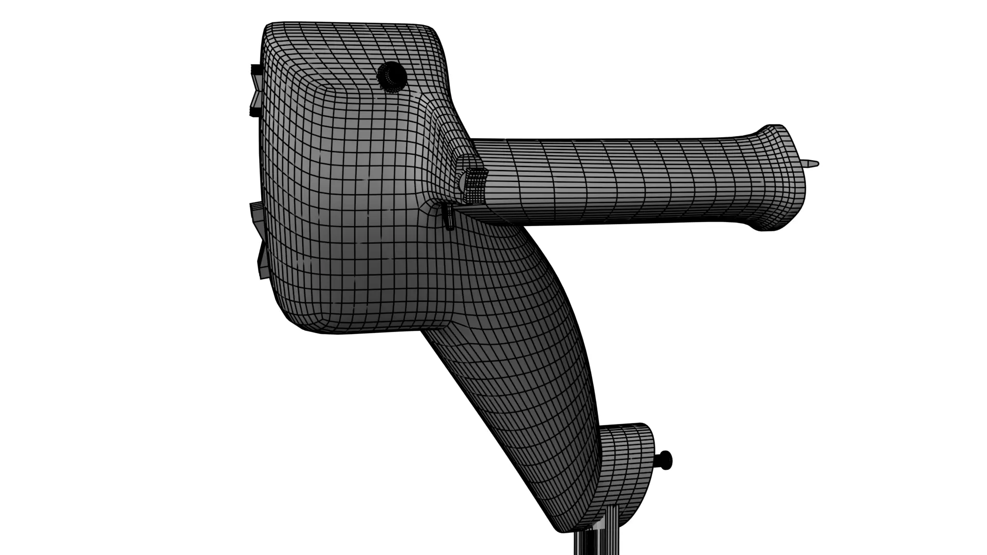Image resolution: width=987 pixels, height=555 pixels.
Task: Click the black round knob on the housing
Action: (x=392, y=77)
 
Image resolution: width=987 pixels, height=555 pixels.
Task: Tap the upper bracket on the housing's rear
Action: (x=255, y=89)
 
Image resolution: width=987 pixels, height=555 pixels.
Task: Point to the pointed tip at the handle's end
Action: (x=811, y=164)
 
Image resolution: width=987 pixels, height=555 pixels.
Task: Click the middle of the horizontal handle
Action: (x=617, y=182)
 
